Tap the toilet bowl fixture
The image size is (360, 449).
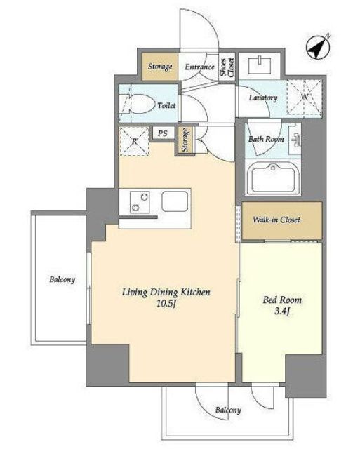tap(140, 104)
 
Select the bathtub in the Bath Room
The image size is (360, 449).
tap(273, 177)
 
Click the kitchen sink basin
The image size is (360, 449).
tap(175, 201)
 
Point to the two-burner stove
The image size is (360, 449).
tap(140, 202)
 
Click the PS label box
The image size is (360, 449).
tap(163, 133)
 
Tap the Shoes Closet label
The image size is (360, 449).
tap(227, 67)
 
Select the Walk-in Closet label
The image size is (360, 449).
tap(276, 220)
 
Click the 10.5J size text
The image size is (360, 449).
tap(166, 304)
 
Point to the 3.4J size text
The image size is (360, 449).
tap(282, 311)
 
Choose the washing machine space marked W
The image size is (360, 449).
tap(304, 98)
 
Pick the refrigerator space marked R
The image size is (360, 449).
tap(134, 142)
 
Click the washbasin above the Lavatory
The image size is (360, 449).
tap(259, 65)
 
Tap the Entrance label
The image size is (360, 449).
tap(199, 67)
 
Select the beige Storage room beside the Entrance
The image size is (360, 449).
tap(160, 67)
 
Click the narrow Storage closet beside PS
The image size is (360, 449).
tap(185, 140)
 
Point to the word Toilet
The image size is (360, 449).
tap(166, 106)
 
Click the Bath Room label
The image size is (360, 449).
tap(267, 139)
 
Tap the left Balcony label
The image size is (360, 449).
tap(62, 279)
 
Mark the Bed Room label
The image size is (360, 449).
tap(282, 300)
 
